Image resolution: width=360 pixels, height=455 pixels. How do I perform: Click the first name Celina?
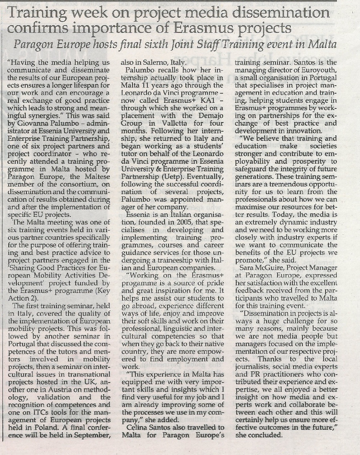pyautogui.click(x=139, y=427)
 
